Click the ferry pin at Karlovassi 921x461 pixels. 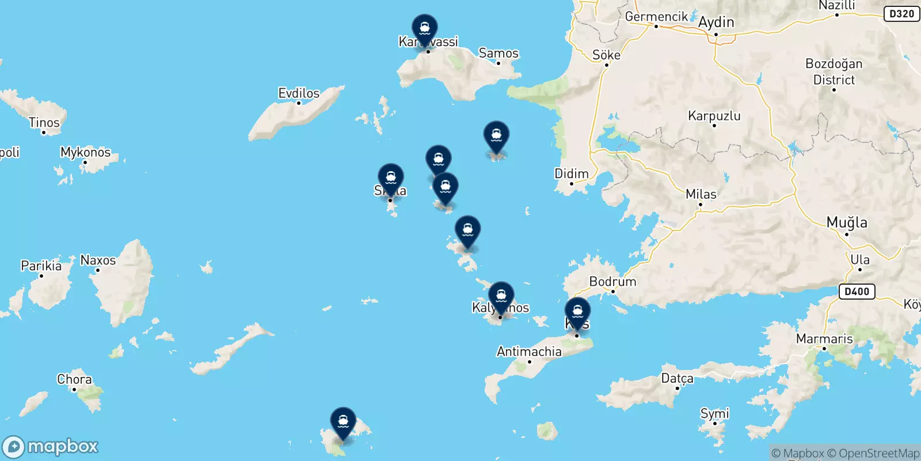[x=425, y=28]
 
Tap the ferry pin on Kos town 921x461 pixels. [x=577, y=311]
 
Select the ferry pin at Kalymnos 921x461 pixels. [x=501, y=296]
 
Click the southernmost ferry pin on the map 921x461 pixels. [x=343, y=421]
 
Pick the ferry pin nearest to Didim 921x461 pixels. [x=496, y=135]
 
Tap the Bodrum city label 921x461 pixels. [x=612, y=282]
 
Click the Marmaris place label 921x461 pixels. [x=824, y=339]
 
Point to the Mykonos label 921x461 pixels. [x=85, y=152]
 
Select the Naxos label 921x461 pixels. [x=98, y=260]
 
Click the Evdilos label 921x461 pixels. [x=299, y=93]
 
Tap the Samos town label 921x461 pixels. [x=498, y=54]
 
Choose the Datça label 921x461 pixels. [x=677, y=379]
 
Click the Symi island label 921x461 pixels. [x=714, y=413]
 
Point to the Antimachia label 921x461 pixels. [x=529, y=352]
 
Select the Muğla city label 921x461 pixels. [x=847, y=222]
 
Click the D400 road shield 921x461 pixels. [x=857, y=292]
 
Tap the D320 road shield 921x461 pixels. [x=901, y=14]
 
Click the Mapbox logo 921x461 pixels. [x=51, y=447]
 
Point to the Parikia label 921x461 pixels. [x=41, y=266]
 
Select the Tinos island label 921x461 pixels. [x=44, y=123]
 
